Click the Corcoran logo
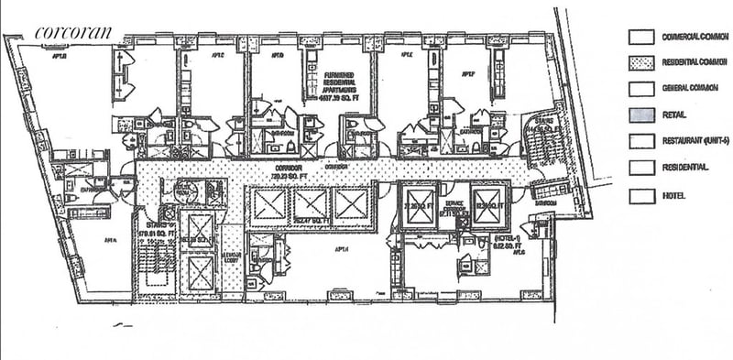click(x=73, y=32)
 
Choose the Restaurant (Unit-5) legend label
click(x=694, y=142)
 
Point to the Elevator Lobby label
click(x=233, y=258)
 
